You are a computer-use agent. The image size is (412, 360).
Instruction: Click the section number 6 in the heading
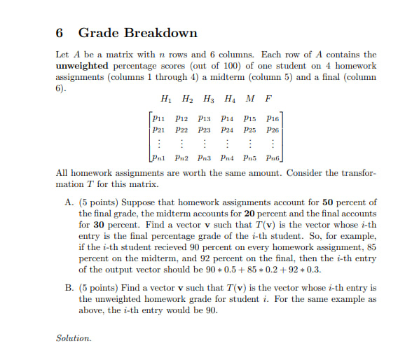[x=59, y=33]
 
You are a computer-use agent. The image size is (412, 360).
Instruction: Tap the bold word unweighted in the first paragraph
[x=83, y=65]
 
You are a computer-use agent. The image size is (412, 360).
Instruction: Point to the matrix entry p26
[x=273, y=130]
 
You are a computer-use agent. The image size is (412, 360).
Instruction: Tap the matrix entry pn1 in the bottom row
[x=160, y=160]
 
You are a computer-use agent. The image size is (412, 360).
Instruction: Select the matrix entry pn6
[x=273, y=160]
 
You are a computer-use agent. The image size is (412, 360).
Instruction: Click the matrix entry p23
[x=205, y=130]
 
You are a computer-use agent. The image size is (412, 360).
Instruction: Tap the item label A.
[x=69, y=202]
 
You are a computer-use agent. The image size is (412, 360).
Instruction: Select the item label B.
[x=69, y=288]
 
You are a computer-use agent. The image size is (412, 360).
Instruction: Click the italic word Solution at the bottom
[x=74, y=338]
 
